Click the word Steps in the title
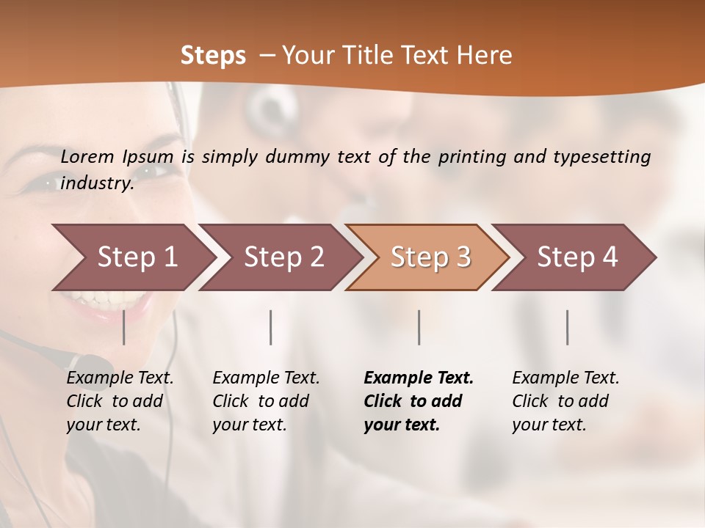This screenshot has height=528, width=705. (x=213, y=55)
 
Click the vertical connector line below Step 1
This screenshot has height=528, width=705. (x=124, y=327)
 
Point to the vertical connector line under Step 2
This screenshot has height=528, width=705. (x=271, y=327)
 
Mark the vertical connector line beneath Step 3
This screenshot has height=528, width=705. (x=419, y=327)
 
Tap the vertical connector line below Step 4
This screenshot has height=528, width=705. (x=568, y=327)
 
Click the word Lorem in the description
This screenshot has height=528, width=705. (x=87, y=156)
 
